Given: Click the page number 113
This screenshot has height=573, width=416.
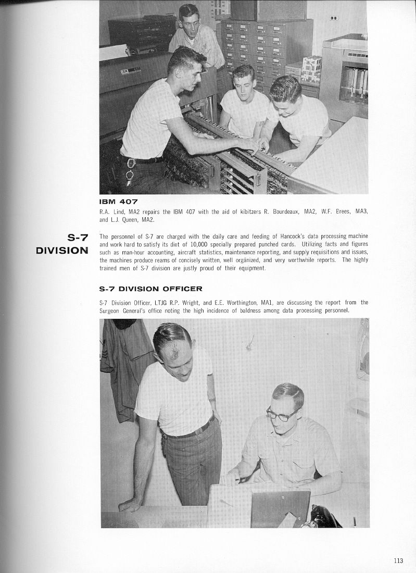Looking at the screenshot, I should [x=398, y=560].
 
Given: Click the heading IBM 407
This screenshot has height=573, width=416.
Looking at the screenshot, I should [x=118, y=201].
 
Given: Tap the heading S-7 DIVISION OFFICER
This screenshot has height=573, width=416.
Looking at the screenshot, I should [x=150, y=288].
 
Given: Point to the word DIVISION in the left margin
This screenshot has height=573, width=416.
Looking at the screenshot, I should [x=62, y=251].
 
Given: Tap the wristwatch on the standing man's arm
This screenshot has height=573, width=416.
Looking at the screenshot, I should [x=212, y=400].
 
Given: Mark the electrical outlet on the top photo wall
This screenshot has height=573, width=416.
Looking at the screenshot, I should [x=333, y=18].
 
